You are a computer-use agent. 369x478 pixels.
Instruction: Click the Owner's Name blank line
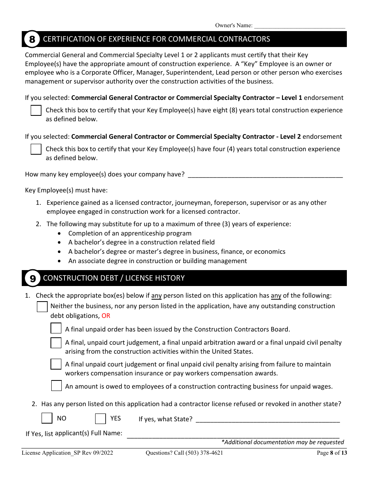click(299, 26)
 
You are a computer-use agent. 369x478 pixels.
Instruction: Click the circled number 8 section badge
click(32, 39)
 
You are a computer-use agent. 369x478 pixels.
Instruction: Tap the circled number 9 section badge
click(33, 278)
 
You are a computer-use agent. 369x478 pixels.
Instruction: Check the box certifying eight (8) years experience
click(36, 110)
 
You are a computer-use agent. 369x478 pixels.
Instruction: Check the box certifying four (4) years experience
click(36, 149)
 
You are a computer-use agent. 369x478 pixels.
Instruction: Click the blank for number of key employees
click(265, 174)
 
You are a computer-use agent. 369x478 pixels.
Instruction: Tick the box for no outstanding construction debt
click(42, 307)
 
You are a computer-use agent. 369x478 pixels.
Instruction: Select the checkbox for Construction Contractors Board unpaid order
click(56, 329)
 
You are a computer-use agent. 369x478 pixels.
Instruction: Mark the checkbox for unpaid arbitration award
click(56, 343)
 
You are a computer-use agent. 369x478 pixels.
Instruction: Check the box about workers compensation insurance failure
click(56, 364)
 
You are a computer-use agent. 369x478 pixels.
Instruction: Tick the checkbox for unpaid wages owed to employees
click(56, 386)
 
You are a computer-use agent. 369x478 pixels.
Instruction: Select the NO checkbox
click(47, 418)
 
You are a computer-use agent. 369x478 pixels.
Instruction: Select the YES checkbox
click(101, 419)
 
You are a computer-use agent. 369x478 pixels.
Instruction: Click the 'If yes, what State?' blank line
click(268, 419)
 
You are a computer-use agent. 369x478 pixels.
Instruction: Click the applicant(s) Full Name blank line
click(233, 434)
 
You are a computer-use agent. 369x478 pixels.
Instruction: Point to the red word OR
click(106, 316)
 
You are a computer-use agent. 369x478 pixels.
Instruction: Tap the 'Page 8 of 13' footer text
click(332, 452)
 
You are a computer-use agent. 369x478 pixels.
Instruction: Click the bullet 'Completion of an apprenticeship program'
click(130, 233)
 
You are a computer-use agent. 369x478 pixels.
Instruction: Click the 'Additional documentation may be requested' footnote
click(283, 442)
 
